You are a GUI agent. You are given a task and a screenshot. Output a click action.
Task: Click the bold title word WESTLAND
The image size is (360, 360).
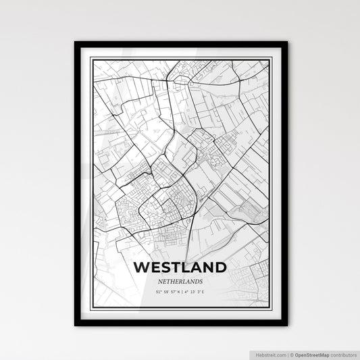(x=180, y=267)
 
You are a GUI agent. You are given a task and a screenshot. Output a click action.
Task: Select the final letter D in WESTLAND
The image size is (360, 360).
(x=221, y=267)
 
